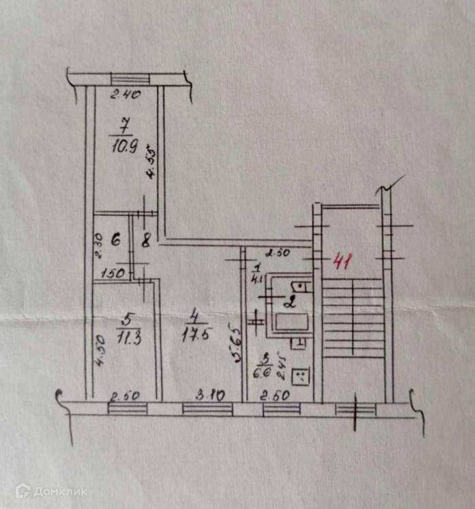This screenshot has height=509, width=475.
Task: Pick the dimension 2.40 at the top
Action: click(x=126, y=96)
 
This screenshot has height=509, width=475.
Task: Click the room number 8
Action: click(x=145, y=239)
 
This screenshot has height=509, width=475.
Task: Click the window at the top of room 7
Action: click(x=126, y=79)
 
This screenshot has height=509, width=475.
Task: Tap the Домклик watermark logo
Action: click(x=51, y=491)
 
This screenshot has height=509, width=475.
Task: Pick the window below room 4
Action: click(x=207, y=409)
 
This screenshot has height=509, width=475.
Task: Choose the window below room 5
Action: click(x=127, y=409)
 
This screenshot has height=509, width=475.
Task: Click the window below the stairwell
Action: click(x=355, y=409)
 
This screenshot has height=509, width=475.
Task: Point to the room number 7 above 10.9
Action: click(x=124, y=126)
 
